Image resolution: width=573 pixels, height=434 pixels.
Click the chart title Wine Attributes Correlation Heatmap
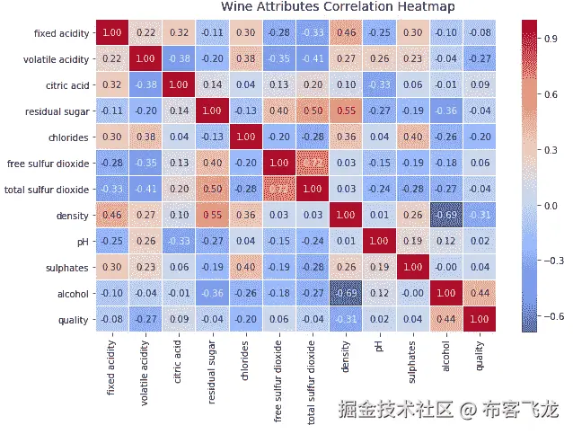click(338, 7)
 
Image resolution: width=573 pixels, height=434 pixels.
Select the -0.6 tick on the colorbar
click(551, 317)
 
